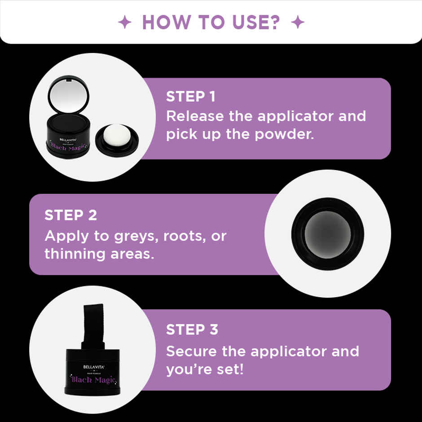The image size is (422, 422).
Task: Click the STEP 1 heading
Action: [x=191, y=97]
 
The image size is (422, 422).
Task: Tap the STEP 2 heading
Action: [x=70, y=215]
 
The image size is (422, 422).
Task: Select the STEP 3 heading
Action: [x=192, y=330]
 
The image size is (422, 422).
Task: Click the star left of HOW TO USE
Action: [x=124, y=22]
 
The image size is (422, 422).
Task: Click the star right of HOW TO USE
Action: [x=297, y=22]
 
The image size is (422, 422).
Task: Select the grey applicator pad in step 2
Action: [x=327, y=233]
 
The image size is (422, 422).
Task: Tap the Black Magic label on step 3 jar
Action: [x=94, y=380]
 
